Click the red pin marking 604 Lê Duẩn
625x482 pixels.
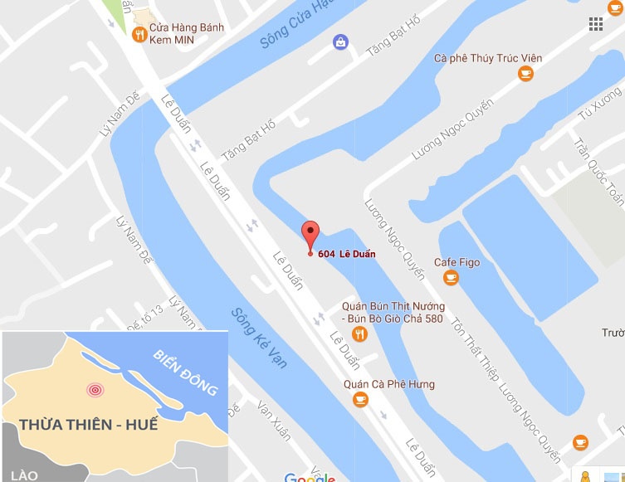[x=310, y=235]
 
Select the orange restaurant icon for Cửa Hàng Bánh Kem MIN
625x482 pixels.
[x=139, y=34]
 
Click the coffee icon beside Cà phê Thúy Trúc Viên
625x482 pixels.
[x=525, y=75]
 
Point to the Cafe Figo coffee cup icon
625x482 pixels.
[x=451, y=278]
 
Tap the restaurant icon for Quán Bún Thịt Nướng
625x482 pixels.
[x=359, y=334]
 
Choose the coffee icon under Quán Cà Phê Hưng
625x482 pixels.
[x=359, y=400]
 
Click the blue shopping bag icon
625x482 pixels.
[x=339, y=41]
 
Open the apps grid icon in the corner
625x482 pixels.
[x=595, y=24]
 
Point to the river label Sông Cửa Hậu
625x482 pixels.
[x=291, y=23]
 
